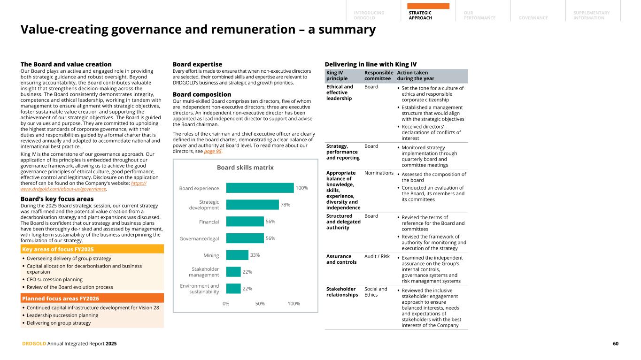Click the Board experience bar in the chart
click(260, 188)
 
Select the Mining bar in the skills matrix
click(237, 255)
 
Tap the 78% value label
click(285, 205)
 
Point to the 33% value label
click(255, 255)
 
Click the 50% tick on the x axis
click(260, 303)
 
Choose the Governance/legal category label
click(199, 238)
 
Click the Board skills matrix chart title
click(245, 168)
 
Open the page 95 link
click(212, 152)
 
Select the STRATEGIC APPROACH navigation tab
click(420, 15)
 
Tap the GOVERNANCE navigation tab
click(533, 18)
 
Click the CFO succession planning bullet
click(54, 279)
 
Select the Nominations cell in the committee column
click(379, 173)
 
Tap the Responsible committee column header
click(378, 76)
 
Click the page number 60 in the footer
click(615, 344)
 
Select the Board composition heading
click(202, 94)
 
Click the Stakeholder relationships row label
click(342, 292)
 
